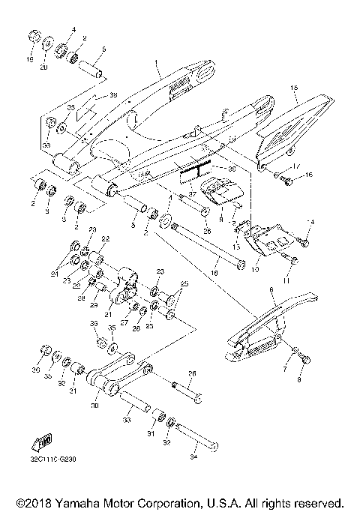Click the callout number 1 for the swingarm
pos(156,64)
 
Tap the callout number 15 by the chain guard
pos(295,88)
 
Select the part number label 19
pos(31,58)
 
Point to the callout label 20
pos(43,67)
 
